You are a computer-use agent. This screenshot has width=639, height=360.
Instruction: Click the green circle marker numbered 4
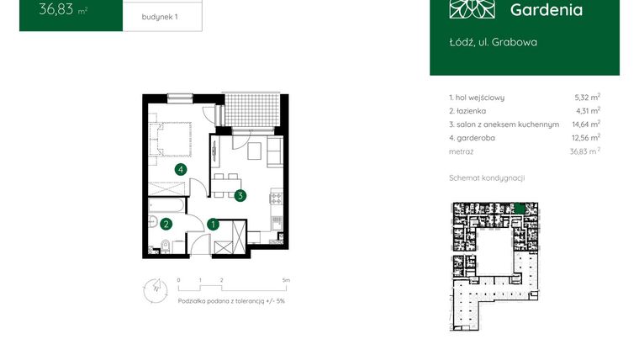[x=180, y=169]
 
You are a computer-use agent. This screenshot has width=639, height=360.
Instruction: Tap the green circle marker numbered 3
[x=240, y=196]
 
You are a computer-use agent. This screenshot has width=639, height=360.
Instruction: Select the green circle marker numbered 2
[x=166, y=224]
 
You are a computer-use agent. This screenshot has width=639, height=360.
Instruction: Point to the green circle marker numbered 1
[x=214, y=224]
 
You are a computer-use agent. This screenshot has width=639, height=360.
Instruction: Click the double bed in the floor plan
[x=172, y=138]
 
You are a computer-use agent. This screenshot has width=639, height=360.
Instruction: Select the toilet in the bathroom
[x=165, y=246]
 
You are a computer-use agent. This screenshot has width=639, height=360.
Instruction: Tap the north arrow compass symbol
[x=151, y=287]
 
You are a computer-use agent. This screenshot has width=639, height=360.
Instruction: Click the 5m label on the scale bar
[x=287, y=279]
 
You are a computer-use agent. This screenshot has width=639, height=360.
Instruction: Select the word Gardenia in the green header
[x=546, y=10]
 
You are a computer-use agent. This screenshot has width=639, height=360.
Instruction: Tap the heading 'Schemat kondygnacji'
[x=488, y=178]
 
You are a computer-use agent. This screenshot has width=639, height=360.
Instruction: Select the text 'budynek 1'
[x=159, y=16]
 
